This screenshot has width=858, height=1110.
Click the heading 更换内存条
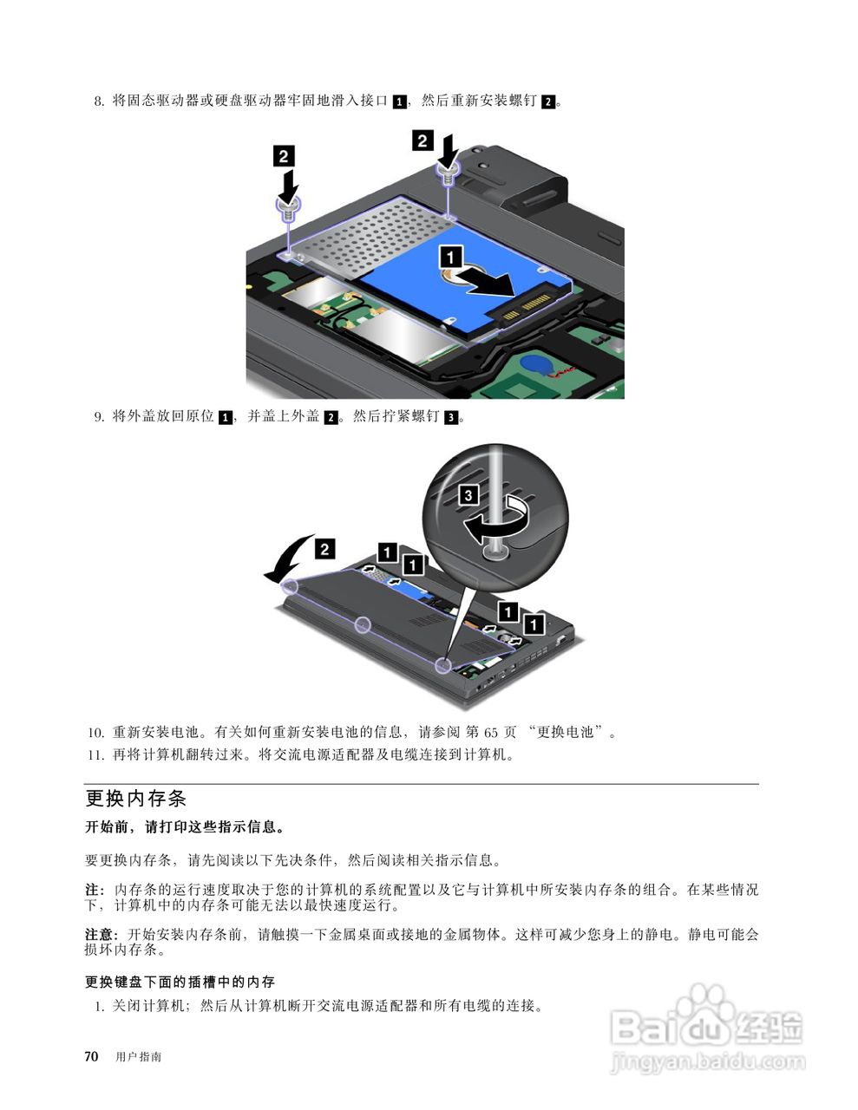pos(136,798)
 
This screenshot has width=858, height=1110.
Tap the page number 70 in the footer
pos(91,1056)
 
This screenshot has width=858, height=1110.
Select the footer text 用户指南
pos(138,1057)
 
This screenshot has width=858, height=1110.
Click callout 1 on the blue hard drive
pos(450,256)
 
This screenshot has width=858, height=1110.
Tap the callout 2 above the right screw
pos(422,140)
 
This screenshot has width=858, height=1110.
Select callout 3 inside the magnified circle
pos(468,495)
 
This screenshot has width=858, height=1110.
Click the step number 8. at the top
pos(99,101)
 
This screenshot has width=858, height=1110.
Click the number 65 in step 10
pos(491,732)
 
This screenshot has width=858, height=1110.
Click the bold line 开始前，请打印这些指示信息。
pos(185,827)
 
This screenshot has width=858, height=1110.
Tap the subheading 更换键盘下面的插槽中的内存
pos(180,982)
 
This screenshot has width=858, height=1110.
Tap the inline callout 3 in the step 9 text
pos(450,418)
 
